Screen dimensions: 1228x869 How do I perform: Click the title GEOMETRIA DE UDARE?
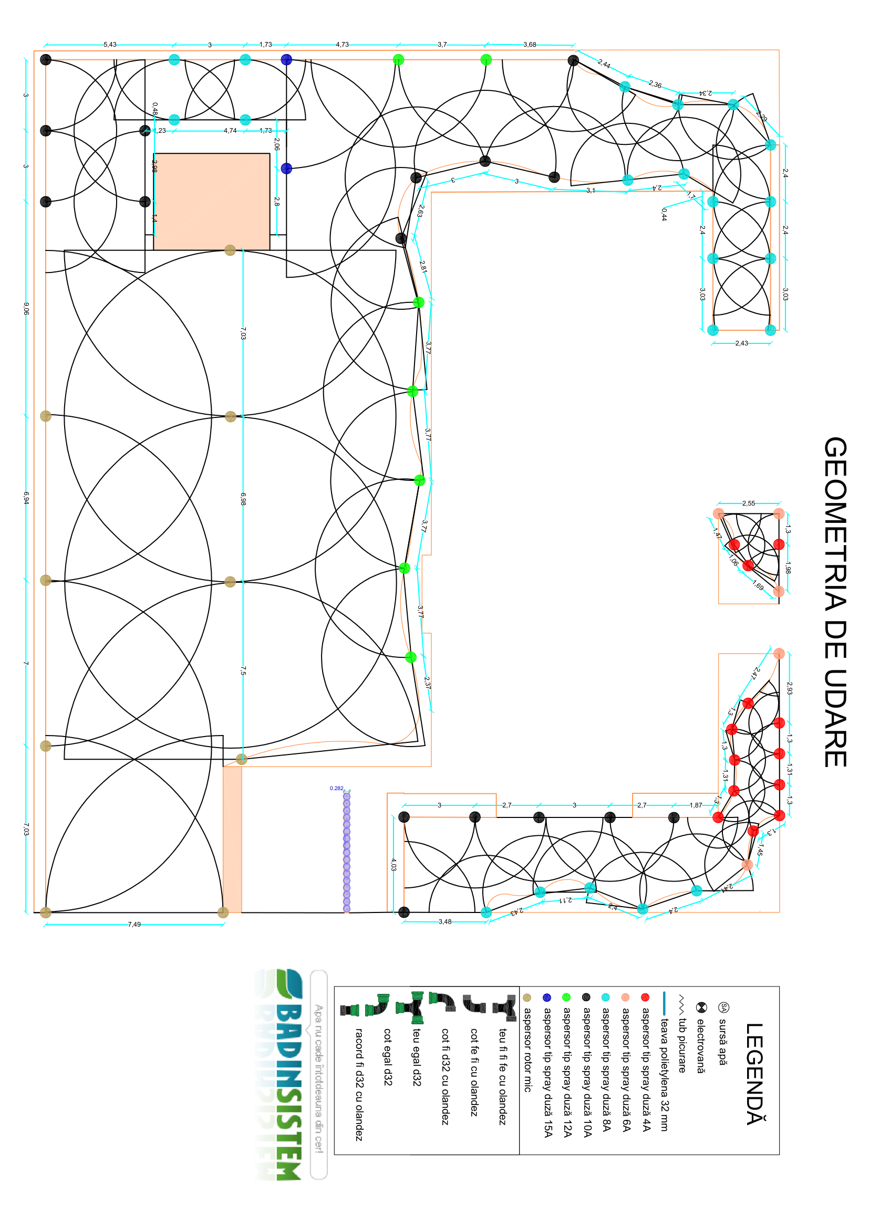(835, 602)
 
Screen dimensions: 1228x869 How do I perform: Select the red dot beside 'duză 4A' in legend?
(645, 998)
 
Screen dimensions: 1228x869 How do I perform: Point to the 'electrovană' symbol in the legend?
(701, 1007)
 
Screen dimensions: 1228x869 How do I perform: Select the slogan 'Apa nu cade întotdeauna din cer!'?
(318, 1078)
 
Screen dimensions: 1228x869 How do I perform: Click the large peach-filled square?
(211, 202)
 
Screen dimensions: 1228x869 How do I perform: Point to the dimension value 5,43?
(110, 45)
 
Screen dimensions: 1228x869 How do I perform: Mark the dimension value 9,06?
(26, 308)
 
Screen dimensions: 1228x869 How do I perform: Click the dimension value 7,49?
(135, 924)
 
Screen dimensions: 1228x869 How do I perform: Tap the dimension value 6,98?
(243, 499)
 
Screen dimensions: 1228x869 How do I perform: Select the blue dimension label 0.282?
(337, 789)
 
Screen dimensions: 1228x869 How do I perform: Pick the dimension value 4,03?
(394, 864)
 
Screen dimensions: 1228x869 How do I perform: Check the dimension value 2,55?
(748, 503)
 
